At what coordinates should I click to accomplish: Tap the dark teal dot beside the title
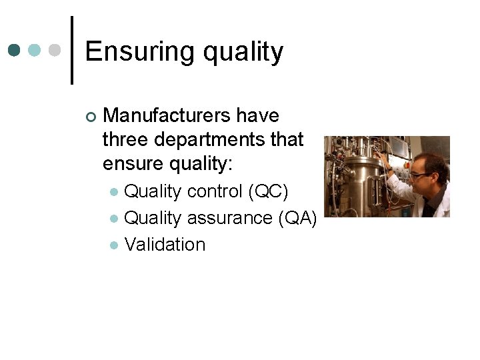pos(15,50)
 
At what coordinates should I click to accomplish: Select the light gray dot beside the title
pos(56,50)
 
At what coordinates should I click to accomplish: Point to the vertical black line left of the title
pos(71,50)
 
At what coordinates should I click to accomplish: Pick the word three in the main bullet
pos(127,140)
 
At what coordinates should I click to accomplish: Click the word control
pos(215,191)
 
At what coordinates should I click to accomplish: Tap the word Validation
pos(165,245)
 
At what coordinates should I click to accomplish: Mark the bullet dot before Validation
pos(114,245)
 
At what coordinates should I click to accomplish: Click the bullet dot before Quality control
pos(114,192)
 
